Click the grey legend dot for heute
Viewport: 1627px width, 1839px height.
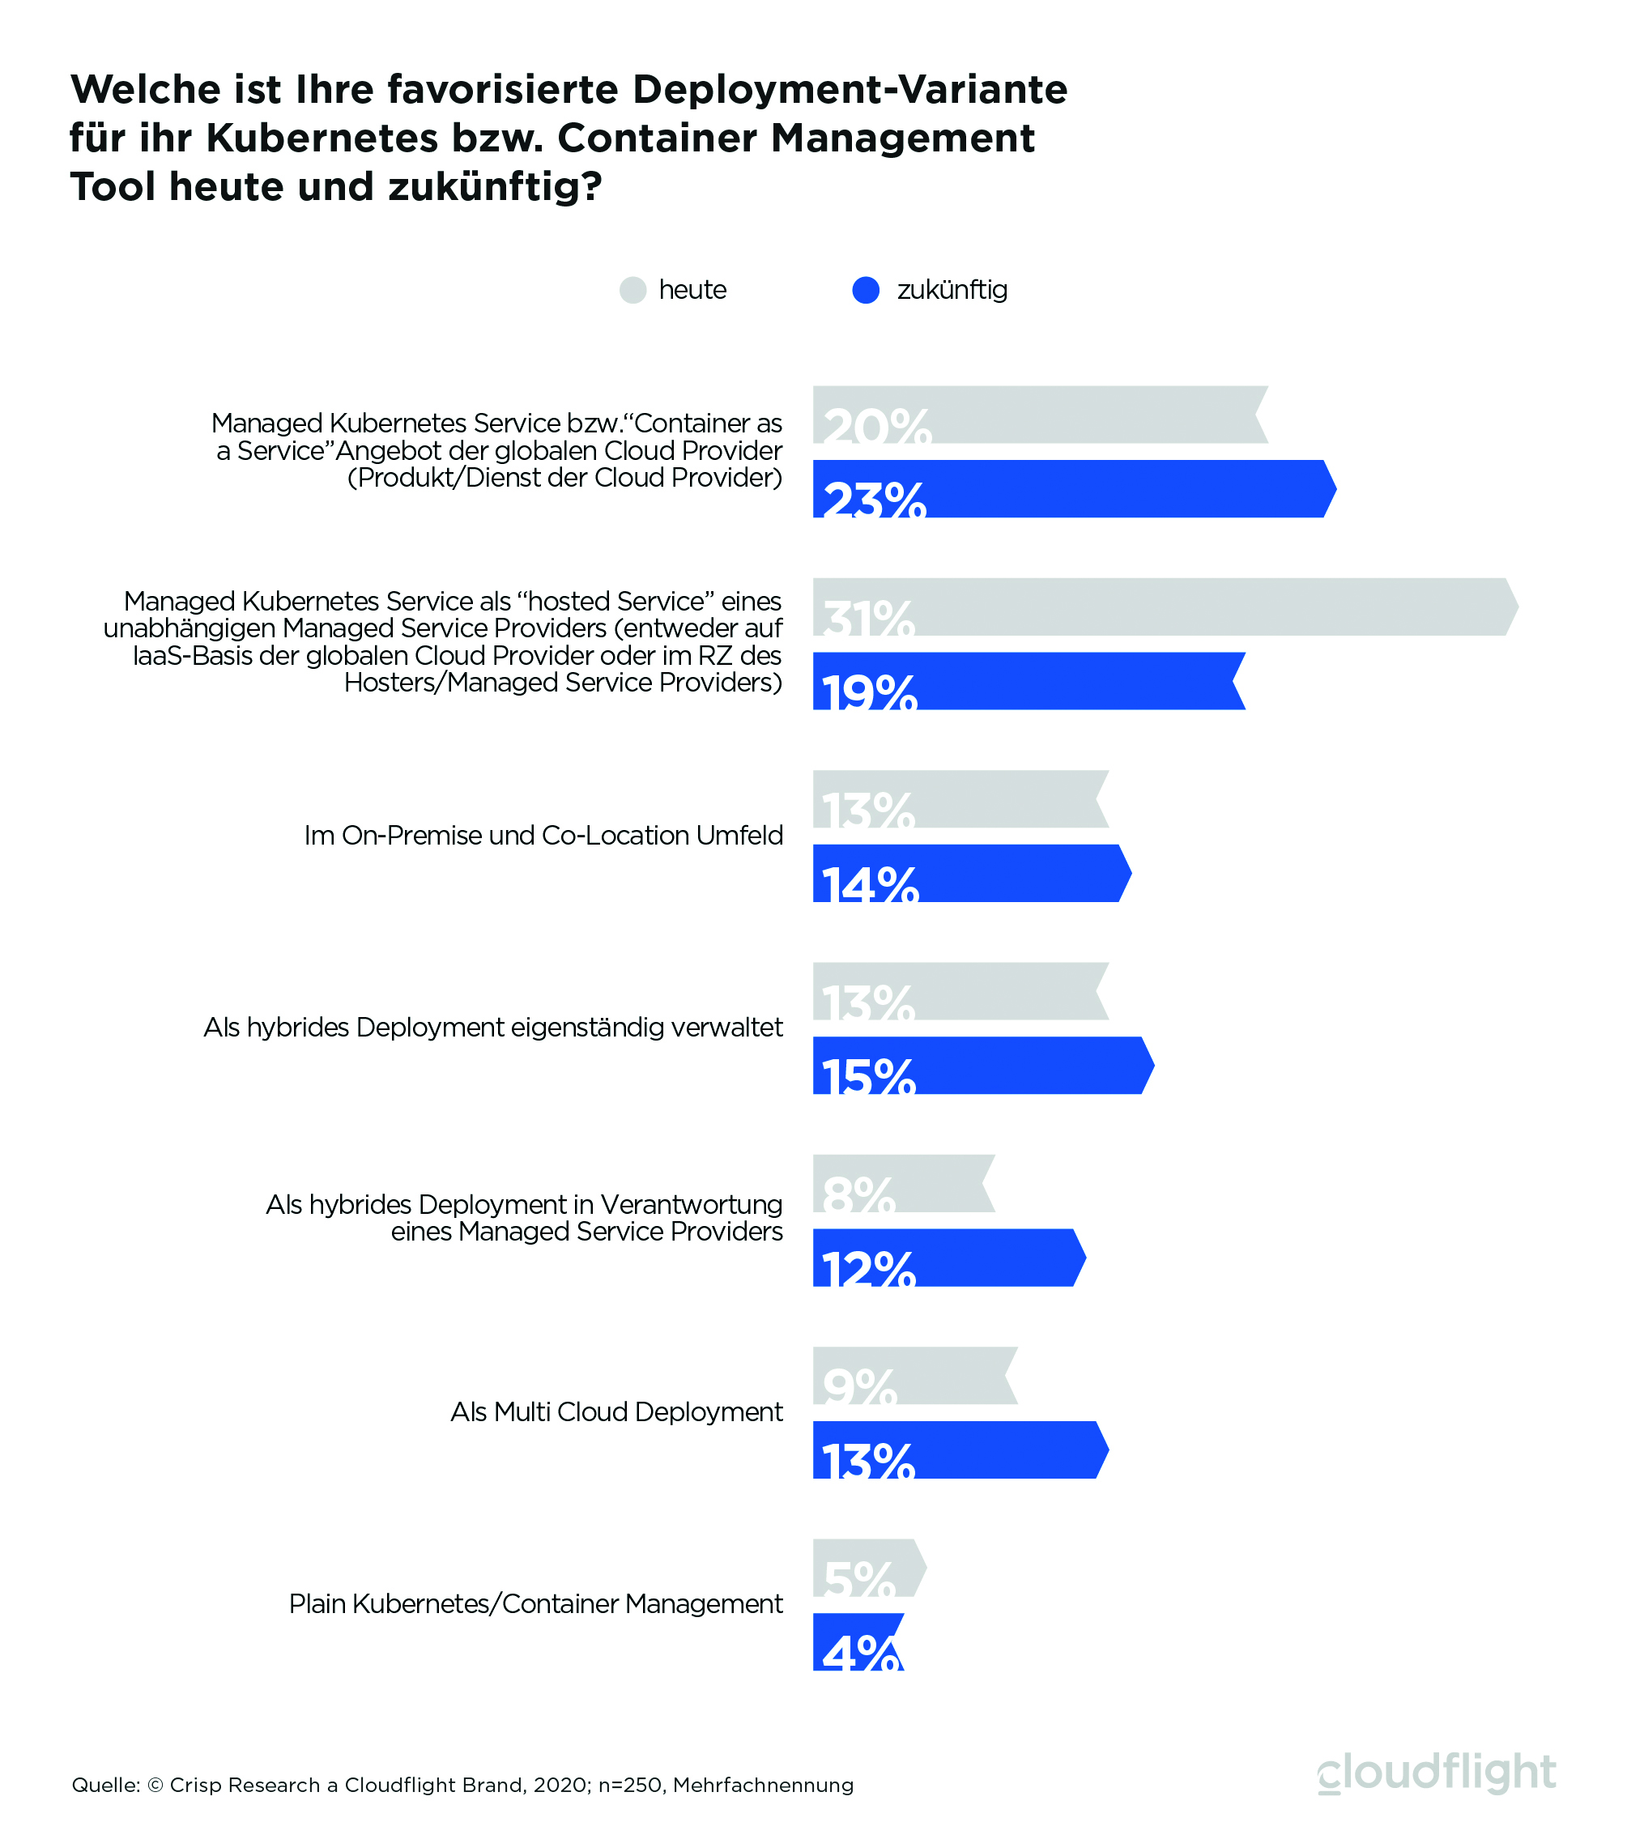632,290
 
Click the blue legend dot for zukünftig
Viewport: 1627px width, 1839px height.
866,290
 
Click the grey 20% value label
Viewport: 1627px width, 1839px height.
877,427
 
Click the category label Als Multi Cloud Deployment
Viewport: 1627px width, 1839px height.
616,1411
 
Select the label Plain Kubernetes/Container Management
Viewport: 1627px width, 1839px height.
535,1603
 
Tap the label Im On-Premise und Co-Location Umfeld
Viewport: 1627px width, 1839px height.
543,835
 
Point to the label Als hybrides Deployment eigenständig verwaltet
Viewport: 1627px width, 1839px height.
493,1027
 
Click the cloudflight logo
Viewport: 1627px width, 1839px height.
1436,1773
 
